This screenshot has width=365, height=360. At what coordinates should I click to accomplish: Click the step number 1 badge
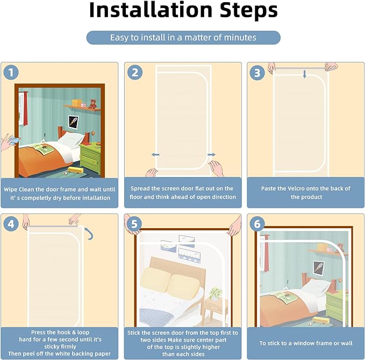point(11,72)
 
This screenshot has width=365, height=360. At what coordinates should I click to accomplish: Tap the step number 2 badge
point(135,72)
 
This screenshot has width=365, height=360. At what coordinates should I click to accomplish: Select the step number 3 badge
point(257,73)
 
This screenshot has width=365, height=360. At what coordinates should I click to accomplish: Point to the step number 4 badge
point(11,224)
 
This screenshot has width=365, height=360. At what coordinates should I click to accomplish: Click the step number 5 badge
point(134,224)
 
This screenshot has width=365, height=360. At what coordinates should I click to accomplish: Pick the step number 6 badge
point(257,224)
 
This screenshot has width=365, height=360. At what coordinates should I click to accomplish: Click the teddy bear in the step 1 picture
point(93,104)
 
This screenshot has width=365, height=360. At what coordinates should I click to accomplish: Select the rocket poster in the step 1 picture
point(73,122)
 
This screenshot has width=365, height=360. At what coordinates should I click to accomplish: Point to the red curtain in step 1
point(25,108)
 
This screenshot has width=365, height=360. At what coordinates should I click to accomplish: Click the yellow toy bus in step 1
point(75,170)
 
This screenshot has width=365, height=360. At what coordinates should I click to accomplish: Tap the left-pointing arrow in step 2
point(155,154)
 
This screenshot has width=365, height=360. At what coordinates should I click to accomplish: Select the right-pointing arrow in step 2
point(211,154)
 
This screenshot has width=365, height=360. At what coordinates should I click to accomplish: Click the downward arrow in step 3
point(304,74)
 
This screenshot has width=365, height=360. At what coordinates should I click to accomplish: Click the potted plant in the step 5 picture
point(216,294)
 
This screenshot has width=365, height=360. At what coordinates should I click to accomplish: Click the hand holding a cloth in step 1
point(10,142)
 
